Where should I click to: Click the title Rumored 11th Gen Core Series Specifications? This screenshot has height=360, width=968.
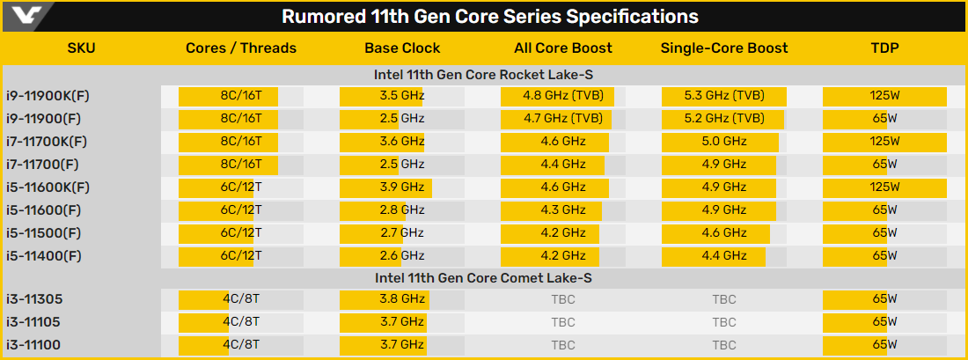[489, 17]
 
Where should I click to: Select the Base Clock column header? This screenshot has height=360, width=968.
[402, 48]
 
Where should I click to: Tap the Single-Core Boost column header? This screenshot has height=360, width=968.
[723, 48]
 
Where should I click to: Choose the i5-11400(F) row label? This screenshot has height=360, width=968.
[43, 255]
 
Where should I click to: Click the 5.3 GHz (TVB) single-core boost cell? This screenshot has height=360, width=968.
[723, 95]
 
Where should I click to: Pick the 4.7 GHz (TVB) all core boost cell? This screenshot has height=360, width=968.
[563, 118]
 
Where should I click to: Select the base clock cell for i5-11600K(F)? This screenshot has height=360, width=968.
[402, 187]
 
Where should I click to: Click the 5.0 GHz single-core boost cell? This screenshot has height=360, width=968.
[723, 141]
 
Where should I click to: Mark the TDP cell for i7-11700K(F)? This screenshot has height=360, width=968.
[885, 141]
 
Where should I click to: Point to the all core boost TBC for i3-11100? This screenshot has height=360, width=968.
[563, 345]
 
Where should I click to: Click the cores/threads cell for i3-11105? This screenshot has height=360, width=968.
[240, 322]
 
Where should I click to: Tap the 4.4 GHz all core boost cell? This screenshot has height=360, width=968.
[563, 164]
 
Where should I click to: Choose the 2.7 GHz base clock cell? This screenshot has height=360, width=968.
[402, 232]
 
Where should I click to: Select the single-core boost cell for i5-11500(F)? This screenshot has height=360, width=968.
[723, 232]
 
